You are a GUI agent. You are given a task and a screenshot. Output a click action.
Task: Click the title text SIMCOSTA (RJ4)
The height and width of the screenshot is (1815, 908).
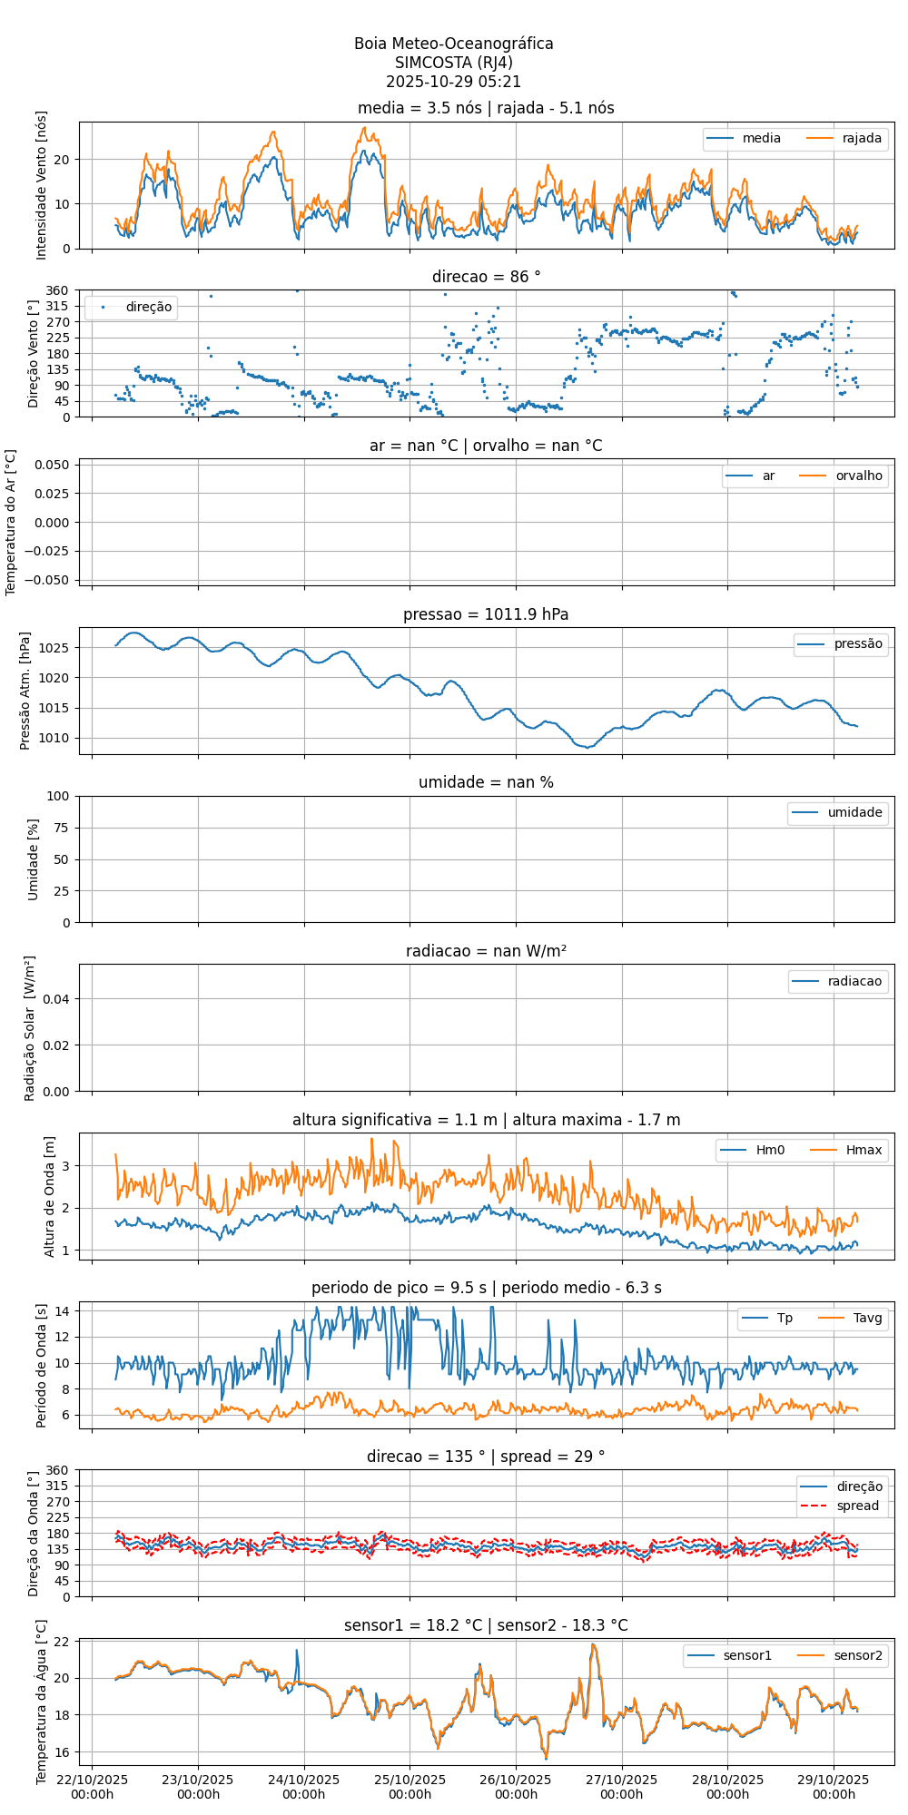(x=453, y=63)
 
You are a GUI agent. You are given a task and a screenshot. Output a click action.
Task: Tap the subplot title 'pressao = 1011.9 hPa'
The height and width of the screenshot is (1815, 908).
(x=486, y=614)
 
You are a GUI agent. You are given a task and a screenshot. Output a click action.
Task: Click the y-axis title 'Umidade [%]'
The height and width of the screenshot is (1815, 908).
(x=34, y=859)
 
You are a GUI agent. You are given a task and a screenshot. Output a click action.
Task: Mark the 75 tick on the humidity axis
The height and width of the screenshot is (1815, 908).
(x=63, y=828)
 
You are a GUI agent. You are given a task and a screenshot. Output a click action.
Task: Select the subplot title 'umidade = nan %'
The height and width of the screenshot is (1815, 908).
(x=486, y=782)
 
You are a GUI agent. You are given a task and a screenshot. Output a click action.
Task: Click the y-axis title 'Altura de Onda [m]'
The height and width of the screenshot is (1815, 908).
(x=50, y=1196)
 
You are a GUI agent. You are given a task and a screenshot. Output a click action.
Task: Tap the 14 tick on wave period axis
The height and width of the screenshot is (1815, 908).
(x=64, y=1310)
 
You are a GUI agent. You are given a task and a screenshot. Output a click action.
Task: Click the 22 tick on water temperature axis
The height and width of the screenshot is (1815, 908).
(x=64, y=1641)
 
